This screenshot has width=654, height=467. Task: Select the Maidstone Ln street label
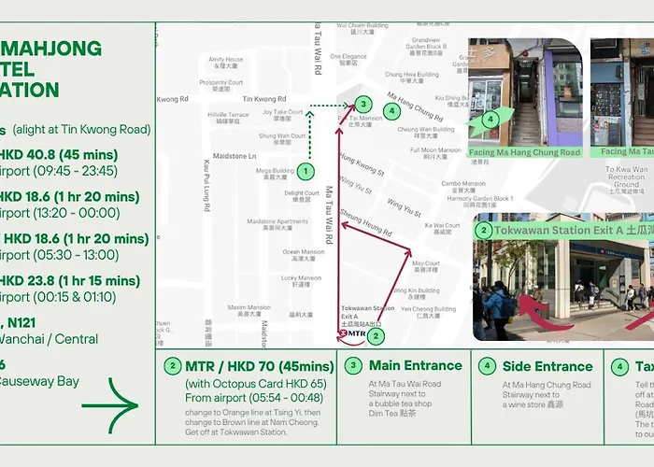pos(235,155)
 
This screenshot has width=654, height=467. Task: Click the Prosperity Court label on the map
pos(220,85)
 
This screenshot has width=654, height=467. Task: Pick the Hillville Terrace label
pos(228,117)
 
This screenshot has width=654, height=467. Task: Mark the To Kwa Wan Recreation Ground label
pos(626,177)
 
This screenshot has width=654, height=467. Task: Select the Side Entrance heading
pos(547,365)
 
